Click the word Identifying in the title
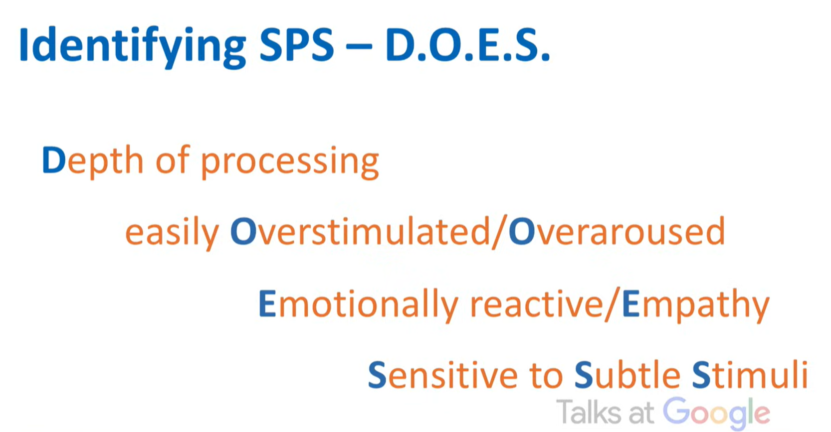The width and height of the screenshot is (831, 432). (x=133, y=47)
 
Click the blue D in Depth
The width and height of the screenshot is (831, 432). (x=54, y=160)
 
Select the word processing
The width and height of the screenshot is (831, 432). (x=290, y=163)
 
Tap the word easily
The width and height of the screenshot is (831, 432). (x=172, y=233)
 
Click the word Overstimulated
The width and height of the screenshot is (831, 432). (x=360, y=232)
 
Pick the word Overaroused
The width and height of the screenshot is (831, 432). (x=617, y=232)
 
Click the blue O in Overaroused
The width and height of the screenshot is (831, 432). (x=522, y=232)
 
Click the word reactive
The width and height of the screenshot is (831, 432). (x=537, y=304)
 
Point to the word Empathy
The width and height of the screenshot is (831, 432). (x=696, y=305)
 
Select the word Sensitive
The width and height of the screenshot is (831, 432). (x=442, y=375)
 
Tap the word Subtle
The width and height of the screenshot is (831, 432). (x=627, y=375)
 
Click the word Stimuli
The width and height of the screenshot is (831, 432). (x=750, y=375)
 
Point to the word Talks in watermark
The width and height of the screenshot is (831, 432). (x=589, y=412)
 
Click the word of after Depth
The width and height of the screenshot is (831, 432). (x=173, y=160)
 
